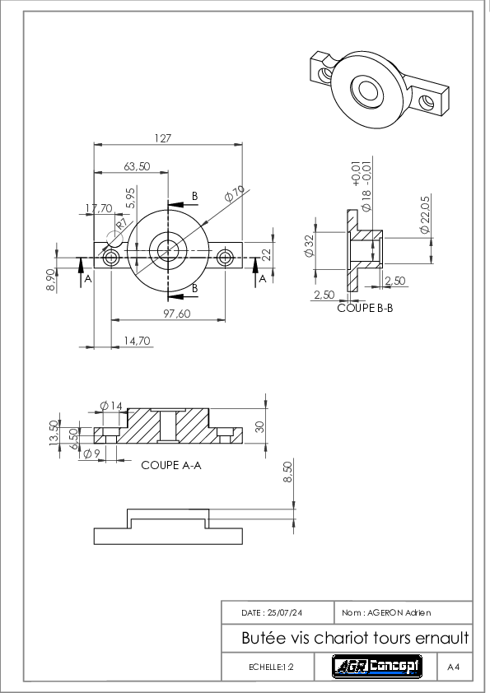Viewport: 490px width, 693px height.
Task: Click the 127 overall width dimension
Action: pyautogui.click(x=162, y=138)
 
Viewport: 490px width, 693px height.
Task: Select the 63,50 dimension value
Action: pyautogui.click(x=137, y=166)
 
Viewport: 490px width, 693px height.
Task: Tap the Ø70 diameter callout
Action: pyautogui.click(x=235, y=193)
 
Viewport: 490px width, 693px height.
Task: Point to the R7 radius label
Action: pyautogui.click(x=121, y=224)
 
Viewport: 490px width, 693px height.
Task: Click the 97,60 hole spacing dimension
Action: pyautogui.click(x=177, y=314)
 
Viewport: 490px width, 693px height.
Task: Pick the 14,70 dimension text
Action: pyautogui.click(x=137, y=342)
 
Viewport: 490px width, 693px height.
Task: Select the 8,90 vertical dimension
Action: pyautogui.click(x=51, y=280)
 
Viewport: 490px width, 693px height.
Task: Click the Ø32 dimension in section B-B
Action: pyautogui.click(x=309, y=246)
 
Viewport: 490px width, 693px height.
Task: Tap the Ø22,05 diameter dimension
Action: pyautogui.click(x=425, y=215)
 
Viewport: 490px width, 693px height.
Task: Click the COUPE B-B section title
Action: pyautogui.click(x=365, y=308)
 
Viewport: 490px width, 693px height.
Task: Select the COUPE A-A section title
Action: pyautogui.click(x=171, y=465)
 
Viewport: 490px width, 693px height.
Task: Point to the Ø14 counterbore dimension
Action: pyautogui.click(x=111, y=405)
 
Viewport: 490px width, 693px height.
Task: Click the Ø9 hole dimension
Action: pyautogui.click(x=92, y=453)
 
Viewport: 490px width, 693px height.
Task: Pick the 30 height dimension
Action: pyautogui.click(x=259, y=427)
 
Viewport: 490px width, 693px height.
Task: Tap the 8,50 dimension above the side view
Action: pyautogui.click(x=287, y=472)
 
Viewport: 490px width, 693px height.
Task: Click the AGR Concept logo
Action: pyautogui.click(x=377, y=666)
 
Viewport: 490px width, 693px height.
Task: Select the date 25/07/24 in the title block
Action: pyautogui.click(x=285, y=613)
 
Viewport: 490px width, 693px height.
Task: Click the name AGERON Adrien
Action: pyautogui.click(x=399, y=613)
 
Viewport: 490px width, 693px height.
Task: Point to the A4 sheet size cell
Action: pyautogui.click(x=453, y=667)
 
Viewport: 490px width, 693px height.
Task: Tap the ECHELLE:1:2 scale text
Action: pyautogui.click(x=271, y=667)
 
